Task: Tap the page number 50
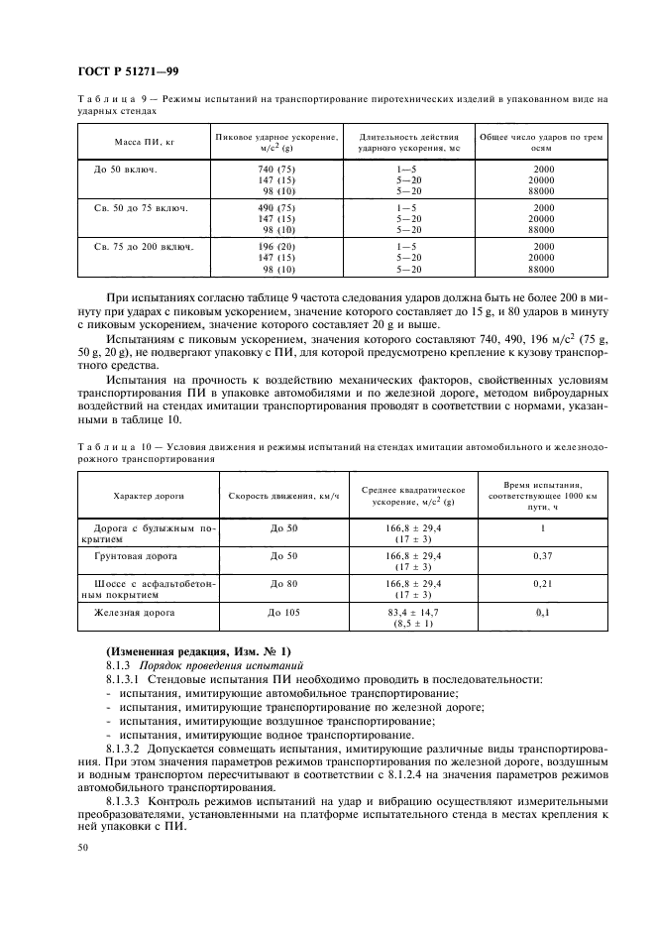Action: [82, 847]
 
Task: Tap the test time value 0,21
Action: [542, 585]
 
